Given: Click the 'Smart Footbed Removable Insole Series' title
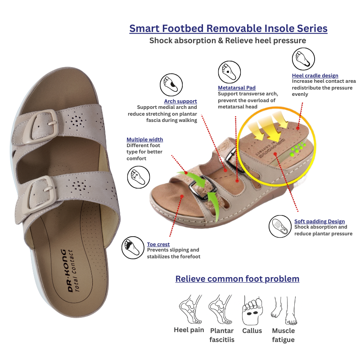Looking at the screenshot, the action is (x=228, y=28).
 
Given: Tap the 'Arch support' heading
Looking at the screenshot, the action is (x=180, y=101).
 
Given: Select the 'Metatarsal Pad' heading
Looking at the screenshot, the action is (x=237, y=88).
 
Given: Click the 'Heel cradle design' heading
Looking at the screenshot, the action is (x=315, y=76).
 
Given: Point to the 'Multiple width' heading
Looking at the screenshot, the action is (x=144, y=139).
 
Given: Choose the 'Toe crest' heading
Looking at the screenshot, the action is (x=158, y=244).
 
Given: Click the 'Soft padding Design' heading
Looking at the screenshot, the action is (x=319, y=221).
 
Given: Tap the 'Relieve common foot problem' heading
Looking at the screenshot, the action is (x=237, y=279).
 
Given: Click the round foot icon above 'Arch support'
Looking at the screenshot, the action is (x=171, y=85).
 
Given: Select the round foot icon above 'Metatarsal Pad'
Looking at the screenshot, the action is (x=229, y=72).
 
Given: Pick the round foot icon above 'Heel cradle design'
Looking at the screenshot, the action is (x=303, y=59).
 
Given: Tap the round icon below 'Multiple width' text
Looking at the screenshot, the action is (x=139, y=177).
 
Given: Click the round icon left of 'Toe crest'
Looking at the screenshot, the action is (x=133, y=248).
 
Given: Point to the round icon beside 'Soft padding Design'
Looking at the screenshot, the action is (x=280, y=226).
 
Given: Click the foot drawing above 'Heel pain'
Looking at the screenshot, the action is (x=190, y=309).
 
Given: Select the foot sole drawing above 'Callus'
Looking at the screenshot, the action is (x=252, y=310).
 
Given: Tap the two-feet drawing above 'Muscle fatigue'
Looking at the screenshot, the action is (x=284, y=310).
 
